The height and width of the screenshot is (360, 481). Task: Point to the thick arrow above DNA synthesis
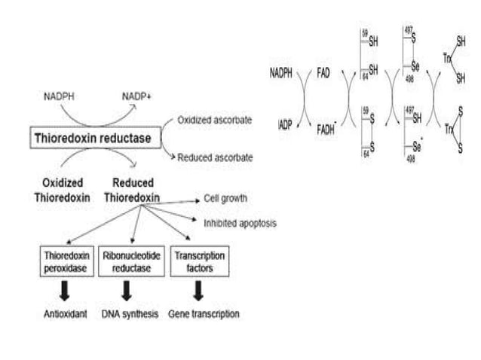[x=127, y=290]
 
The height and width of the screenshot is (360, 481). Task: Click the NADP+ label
[x=136, y=97]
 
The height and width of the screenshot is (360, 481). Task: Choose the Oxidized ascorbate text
[x=215, y=120]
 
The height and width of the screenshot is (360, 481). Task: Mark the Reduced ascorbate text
[x=215, y=157]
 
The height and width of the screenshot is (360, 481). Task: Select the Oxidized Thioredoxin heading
[x=59, y=190]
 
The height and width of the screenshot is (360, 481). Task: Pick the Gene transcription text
[x=203, y=313]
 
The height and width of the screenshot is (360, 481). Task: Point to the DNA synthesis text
[x=130, y=313]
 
